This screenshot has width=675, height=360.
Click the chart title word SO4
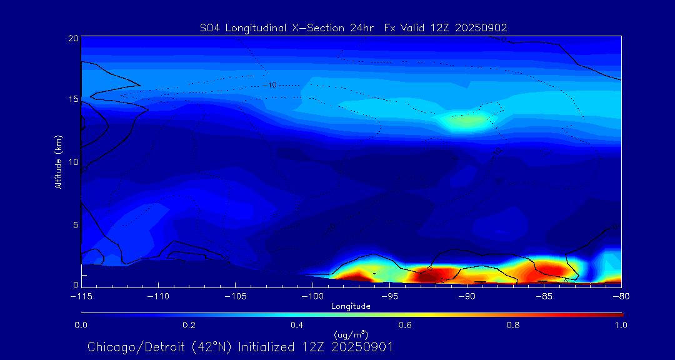(210, 27)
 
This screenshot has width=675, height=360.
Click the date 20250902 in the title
(482, 27)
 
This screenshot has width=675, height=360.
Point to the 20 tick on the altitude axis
(73, 38)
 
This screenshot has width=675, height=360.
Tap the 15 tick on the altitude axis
(73, 99)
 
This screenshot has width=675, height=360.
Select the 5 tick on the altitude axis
(76, 224)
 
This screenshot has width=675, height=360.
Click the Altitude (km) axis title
(59, 162)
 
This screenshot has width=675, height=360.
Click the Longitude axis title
(351, 306)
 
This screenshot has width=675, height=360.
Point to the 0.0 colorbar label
(81, 325)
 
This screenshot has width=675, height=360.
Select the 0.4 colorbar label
(297, 325)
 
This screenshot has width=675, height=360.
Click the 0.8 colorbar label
(513, 325)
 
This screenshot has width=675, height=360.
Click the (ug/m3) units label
(351, 335)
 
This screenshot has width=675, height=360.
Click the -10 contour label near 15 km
(271, 84)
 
